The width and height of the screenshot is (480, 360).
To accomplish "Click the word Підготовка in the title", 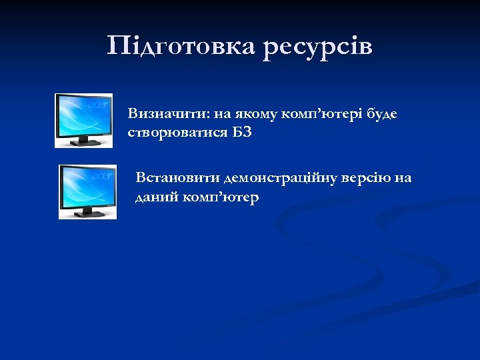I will click(x=181, y=47).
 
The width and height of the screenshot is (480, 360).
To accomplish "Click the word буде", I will click(x=381, y=114).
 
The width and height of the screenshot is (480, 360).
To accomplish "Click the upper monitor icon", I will click(x=83, y=120).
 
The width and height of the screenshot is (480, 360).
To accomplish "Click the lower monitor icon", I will click(x=87, y=191).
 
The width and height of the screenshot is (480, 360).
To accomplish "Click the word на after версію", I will click(x=403, y=179).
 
